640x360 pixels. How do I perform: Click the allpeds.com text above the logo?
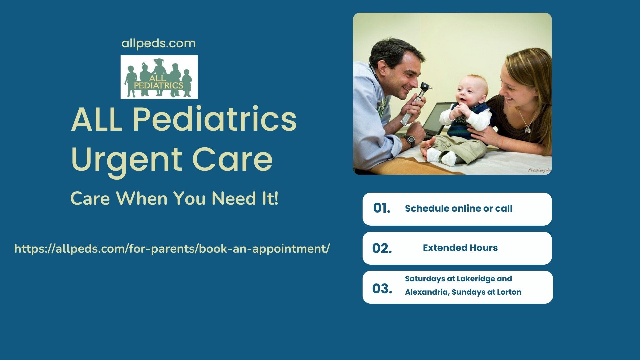[x=159, y=44]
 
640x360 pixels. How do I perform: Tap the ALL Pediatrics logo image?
[x=159, y=77]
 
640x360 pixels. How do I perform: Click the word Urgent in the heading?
[x=127, y=160]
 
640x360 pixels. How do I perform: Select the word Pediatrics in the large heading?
[x=215, y=119]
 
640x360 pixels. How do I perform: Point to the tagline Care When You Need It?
[x=174, y=198]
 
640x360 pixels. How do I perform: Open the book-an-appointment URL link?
[x=172, y=249]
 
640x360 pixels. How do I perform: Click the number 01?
[x=382, y=208]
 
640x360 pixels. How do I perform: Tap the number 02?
[x=382, y=248]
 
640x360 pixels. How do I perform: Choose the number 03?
[x=382, y=289]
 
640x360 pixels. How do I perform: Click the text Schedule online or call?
[x=459, y=208]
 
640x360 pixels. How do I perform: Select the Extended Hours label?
[x=460, y=248]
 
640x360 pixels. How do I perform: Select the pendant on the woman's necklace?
[x=528, y=129]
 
